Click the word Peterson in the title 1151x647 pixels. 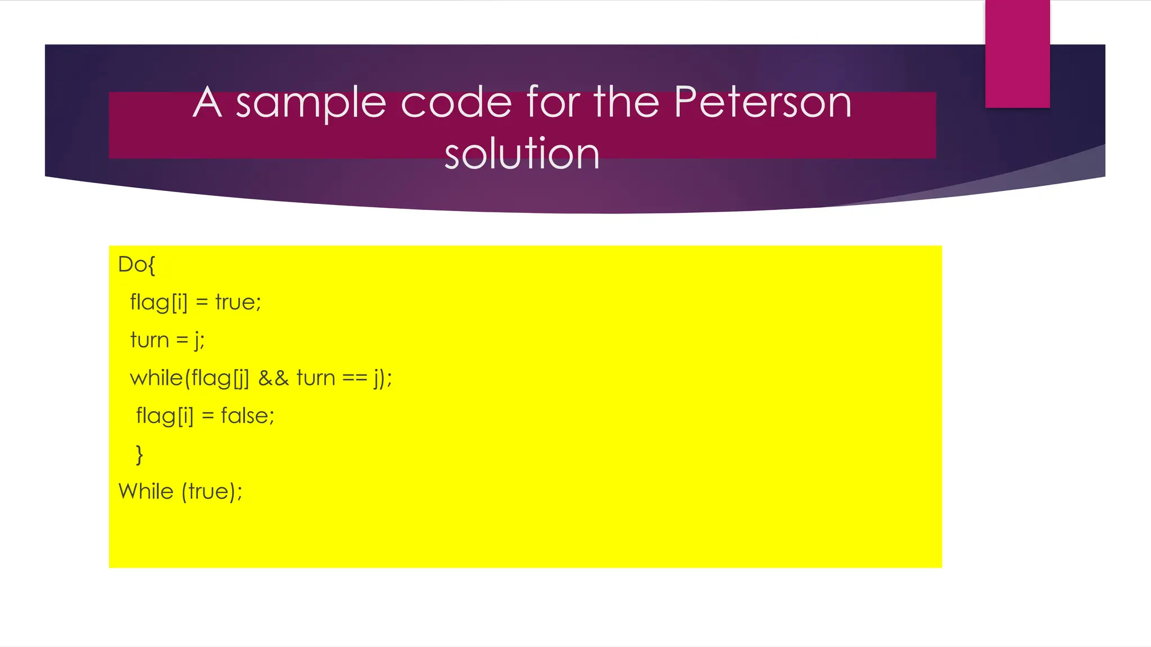pyautogui.click(x=763, y=103)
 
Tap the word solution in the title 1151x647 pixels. pyautogui.click(x=522, y=153)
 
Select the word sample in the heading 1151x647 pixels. pyautogui.click(x=311, y=103)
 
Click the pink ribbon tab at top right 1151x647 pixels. pyautogui.click(x=1017, y=53)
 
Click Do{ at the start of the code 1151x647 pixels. pyautogui.click(x=137, y=265)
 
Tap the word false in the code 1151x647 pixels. pyautogui.click(x=247, y=416)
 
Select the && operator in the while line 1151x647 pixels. pyautogui.click(x=274, y=378)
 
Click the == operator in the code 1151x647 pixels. pyautogui.click(x=355, y=378)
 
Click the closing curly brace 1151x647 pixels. pyautogui.click(x=139, y=454)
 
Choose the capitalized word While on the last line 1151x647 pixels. pyautogui.click(x=146, y=491)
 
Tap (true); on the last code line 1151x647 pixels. pyautogui.click(x=212, y=491)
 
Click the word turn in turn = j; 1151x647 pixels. pyautogui.click(x=149, y=340)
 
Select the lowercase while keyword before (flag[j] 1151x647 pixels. pyautogui.click(x=156, y=378)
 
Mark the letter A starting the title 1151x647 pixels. pyautogui.click(x=207, y=103)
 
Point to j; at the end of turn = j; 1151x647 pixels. pyautogui.click(x=199, y=340)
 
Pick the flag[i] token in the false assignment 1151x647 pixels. pyautogui.click(x=165, y=416)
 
